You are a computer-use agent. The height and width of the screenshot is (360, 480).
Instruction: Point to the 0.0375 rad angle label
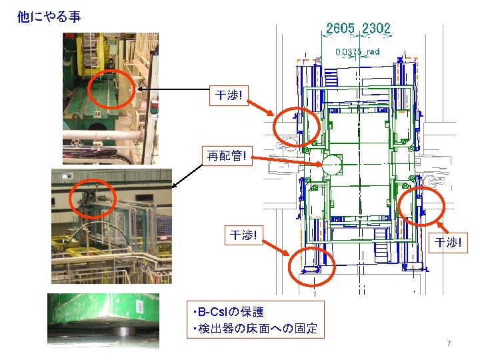click(x=357, y=51)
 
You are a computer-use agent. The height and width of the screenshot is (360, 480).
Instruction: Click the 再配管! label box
click(x=227, y=157)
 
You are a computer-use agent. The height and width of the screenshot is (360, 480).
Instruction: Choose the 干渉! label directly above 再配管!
click(x=229, y=96)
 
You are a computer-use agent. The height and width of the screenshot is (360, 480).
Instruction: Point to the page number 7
click(x=449, y=343)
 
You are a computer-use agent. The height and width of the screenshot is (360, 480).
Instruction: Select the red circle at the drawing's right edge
click(x=421, y=206)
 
